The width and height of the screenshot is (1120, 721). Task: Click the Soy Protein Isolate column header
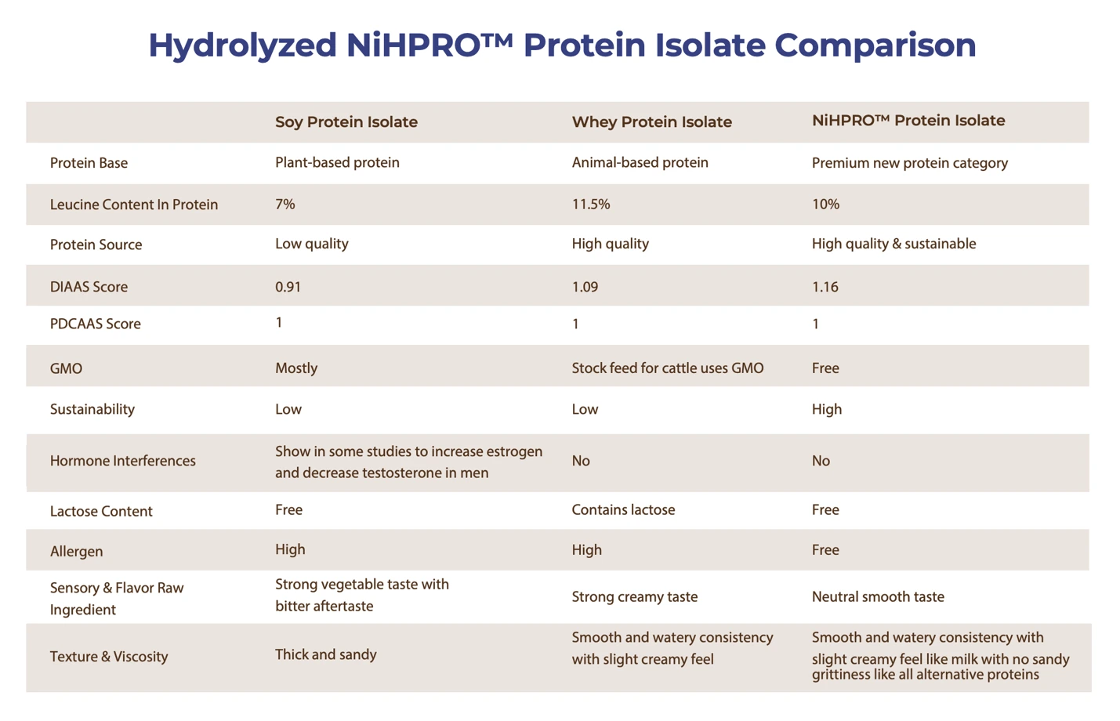click(346, 122)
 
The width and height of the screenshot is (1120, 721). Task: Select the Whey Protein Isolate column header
click(651, 122)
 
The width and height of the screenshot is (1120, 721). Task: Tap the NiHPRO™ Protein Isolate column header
click(908, 121)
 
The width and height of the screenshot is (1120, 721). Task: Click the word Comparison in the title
click(875, 45)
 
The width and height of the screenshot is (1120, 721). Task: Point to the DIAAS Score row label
click(89, 287)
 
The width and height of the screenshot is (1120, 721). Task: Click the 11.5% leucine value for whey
click(590, 204)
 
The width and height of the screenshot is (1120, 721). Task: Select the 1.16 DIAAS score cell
click(825, 287)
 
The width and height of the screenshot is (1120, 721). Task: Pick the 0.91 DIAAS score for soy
click(288, 287)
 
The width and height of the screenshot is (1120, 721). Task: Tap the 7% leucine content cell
click(285, 204)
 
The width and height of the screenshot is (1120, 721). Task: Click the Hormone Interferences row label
click(122, 461)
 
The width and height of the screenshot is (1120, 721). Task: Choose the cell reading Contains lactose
click(623, 509)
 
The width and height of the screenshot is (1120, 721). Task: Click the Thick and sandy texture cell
click(325, 654)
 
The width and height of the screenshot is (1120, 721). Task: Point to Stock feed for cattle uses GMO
click(668, 368)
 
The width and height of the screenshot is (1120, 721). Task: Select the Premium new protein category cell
click(909, 163)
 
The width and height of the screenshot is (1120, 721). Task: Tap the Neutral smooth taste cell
click(878, 596)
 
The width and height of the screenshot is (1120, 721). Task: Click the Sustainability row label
click(92, 410)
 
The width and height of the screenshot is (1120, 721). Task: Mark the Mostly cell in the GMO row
click(296, 368)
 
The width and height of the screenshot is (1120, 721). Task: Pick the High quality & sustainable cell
click(893, 244)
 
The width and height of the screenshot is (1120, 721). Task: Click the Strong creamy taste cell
click(635, 597)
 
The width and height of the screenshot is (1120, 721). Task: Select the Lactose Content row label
click(101, 511)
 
